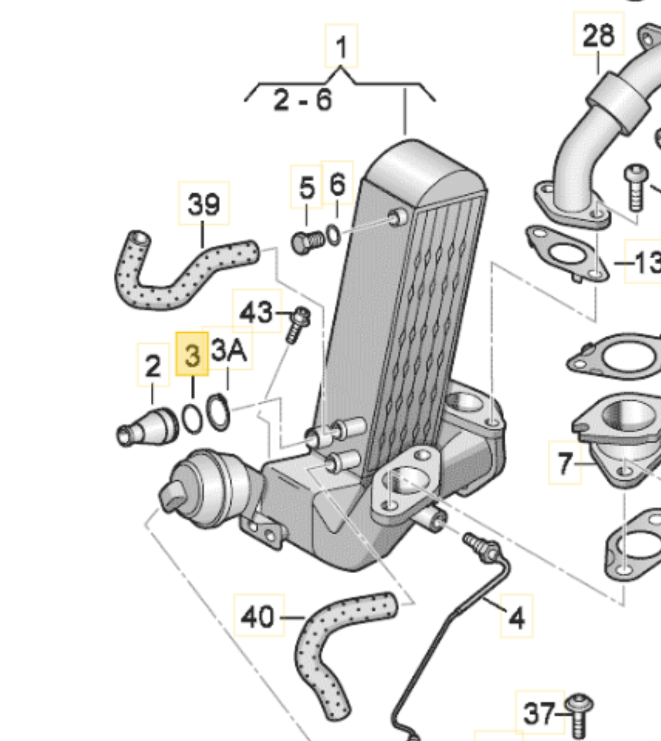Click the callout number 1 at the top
point(342,47)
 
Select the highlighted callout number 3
point(192,355)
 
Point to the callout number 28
point(598,36)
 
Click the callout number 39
point(204,204)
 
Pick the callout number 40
point(258,616)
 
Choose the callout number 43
point(256,312)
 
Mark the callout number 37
point(539,714)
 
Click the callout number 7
point(565,463)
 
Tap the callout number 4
point(516,617)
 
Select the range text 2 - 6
point(303,100)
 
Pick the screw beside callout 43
point(297,325)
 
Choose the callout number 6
point(337,184)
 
